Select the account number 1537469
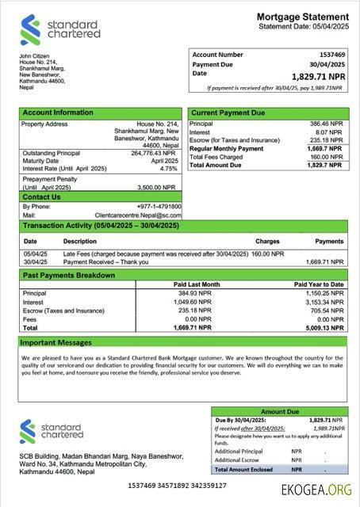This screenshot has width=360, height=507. (331, 55)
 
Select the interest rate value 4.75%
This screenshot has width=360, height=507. (168, 169)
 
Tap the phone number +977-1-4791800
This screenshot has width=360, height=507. (159, 207)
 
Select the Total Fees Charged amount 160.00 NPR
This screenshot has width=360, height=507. (327, 156)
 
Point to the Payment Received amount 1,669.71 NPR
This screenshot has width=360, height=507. (324, 261)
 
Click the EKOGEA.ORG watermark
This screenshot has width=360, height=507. (316, 490)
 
